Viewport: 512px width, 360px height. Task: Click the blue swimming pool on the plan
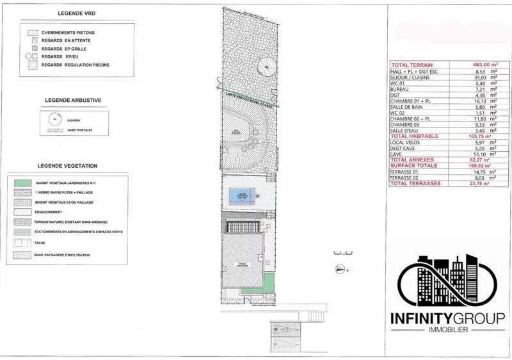(x=242, y=197)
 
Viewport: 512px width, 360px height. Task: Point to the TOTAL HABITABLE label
(x=411, y=136)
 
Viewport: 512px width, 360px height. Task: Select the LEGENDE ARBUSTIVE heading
(x=64, y=101)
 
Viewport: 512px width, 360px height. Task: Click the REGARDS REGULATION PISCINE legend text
(x=81, y=66)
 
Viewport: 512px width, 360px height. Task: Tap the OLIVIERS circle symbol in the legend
(x=55, y=119)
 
